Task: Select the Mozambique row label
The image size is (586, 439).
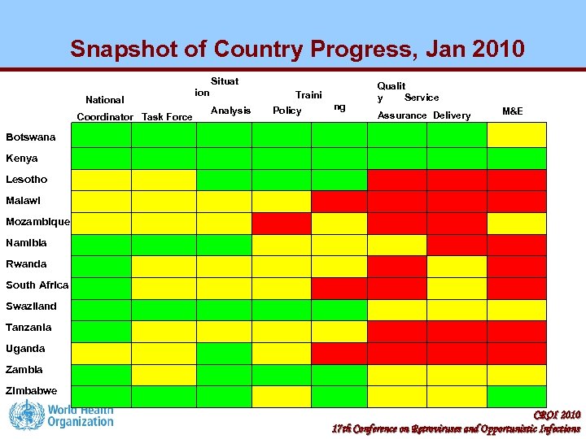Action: (37, 222)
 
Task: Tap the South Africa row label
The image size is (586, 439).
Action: (37, 285)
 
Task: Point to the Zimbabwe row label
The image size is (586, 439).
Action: (31, 391)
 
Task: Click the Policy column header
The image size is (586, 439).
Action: (286, 111)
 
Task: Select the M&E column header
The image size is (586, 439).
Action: (513, 111)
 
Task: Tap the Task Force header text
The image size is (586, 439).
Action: (167, 117)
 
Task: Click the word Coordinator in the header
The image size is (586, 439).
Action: (105, 117)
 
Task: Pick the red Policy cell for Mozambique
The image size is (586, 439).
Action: (281, 222)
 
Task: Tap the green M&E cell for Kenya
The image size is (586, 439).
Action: (517, 159)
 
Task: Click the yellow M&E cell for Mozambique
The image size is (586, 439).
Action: (517, 222)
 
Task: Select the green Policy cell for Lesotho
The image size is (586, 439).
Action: (281, 180)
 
